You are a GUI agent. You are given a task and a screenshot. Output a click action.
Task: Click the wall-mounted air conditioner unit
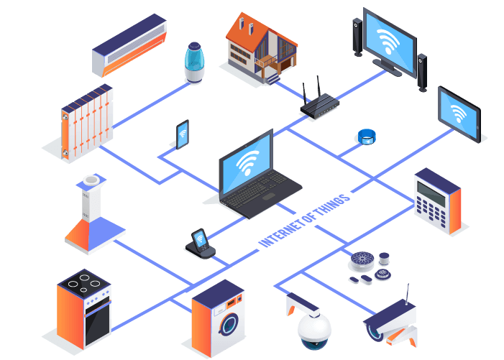pos(129,45)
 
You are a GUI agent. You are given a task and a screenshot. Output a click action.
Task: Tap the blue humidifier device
pos(195,62)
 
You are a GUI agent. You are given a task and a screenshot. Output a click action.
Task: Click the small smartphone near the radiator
pos(183,134)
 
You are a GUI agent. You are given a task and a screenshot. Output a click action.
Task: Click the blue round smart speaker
pos(367,137)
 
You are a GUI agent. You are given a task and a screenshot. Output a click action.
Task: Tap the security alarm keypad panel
pos(437,200)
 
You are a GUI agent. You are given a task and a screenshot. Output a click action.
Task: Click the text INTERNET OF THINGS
pos(305,219)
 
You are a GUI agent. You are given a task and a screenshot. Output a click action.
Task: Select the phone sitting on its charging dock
pos(199,241)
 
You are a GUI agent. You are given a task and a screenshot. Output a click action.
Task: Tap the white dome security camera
pos(314,330)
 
